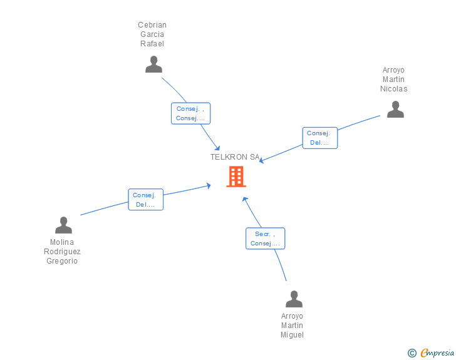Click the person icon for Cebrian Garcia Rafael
[x=153, y=64]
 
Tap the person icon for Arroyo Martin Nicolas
[x=395, y=110]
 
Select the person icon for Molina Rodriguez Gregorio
[x=63, y=225]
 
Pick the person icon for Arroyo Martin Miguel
[x=294, y=299]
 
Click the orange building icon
[x=236, y=177]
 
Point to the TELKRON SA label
[x=235, y=157]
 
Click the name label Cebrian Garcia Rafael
[x=152, y=34]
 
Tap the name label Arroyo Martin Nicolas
[x=393, y=80]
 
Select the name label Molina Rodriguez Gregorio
[x=62, y=252]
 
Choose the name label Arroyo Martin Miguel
[x=292, y=326]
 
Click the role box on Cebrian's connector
[x=190, y=113]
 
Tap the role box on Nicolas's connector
[x=319, y=138]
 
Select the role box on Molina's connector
[x=145, y=200]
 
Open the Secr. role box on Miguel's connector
[x=265, y=239]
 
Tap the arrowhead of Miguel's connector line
[x=245, y=199]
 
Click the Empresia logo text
[x=437, y=352]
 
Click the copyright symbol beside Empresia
[x=412, y=353]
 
